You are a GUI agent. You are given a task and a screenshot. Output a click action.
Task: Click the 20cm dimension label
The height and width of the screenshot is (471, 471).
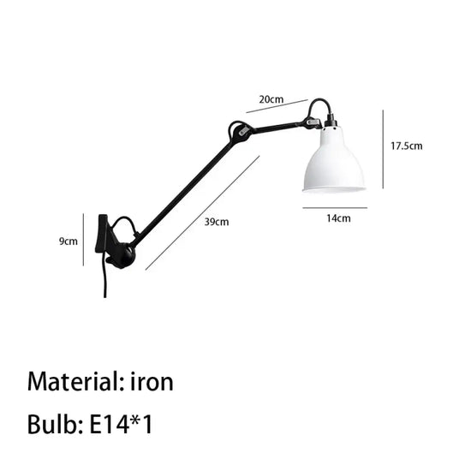coord(271,99)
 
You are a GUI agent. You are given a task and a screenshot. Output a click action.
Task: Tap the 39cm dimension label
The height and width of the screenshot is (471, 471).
coord(217,222)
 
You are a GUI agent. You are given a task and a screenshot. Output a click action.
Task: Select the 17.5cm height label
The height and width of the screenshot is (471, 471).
coord(407,146)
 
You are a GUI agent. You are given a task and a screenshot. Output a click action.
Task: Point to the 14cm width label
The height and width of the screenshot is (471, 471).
coord(338,218)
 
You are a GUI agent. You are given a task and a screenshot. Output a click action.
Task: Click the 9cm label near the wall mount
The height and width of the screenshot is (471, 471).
coord(69,241)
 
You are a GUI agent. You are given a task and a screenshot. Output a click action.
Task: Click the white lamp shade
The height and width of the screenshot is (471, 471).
coord(333,160)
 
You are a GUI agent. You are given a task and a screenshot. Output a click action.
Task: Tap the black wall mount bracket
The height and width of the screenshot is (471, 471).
coord(101,234)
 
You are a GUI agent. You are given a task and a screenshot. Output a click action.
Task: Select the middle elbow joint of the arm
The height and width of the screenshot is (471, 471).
coord(239,132)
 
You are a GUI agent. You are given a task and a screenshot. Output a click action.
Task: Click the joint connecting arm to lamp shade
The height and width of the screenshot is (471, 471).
coord(310,122)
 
